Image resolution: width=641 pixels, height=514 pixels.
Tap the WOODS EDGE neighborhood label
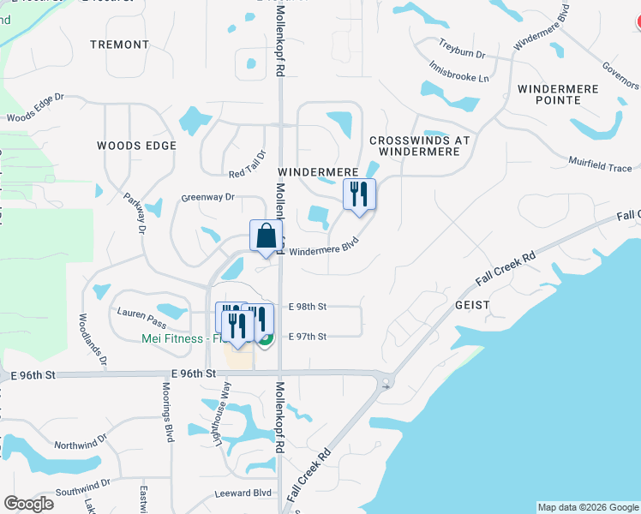[136, 146]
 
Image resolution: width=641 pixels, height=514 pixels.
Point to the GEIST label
[468, 305]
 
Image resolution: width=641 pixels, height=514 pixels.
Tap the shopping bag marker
[266, 236]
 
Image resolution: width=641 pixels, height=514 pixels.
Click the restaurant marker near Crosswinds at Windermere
[359, 194]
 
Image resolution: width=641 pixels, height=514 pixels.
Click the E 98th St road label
[309, 306]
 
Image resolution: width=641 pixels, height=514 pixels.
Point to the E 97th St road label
[309, 337]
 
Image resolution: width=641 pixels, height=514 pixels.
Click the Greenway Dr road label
[207, 197]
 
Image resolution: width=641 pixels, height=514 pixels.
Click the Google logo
[28, 503]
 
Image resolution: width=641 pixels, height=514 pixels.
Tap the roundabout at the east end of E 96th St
[386, 382]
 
